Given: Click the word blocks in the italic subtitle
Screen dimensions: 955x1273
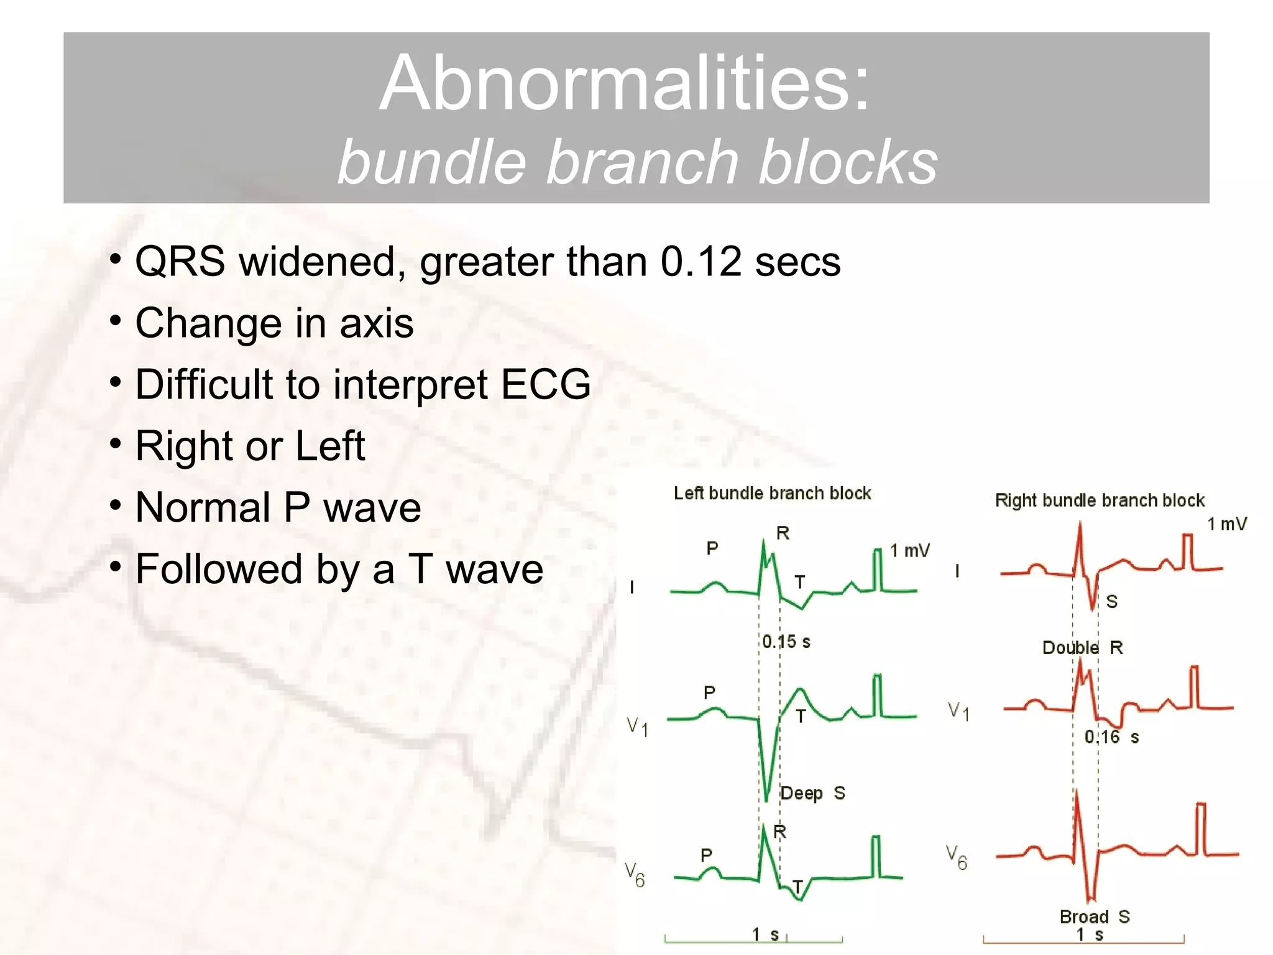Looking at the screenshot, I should pos(848,163).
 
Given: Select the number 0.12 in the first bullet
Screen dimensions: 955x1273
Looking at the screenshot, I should pos(701,262).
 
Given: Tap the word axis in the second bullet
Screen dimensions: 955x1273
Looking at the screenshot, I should pos(376,323).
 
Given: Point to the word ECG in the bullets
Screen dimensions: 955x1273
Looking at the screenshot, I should pos(545,384).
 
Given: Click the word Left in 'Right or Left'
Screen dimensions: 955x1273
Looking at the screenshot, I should pos(329,446).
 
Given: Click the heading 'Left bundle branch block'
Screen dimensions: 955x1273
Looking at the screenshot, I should pos(772,494).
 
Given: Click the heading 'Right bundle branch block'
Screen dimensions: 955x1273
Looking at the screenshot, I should pos(1099,501).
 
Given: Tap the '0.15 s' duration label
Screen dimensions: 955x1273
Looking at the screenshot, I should pos(786,642).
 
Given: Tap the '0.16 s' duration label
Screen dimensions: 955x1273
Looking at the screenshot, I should pos(1111,737).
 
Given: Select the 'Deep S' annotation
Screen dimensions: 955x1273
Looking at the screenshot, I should pos(812,793).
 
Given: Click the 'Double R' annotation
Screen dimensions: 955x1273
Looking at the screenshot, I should pos(1082,648).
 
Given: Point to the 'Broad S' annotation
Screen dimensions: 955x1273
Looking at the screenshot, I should pos(1094,916).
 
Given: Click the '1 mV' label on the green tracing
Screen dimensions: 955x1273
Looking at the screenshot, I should pos(909,551).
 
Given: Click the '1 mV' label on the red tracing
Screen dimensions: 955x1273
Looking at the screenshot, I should pos(1226,524).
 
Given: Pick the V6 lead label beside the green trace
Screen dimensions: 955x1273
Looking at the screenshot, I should pos(635,874).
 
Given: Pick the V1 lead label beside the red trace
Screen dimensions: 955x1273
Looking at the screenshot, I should pos(958,711).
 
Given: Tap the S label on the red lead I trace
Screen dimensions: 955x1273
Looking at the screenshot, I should pos(1112,601).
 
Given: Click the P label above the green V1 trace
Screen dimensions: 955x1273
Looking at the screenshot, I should pos(709,692).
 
